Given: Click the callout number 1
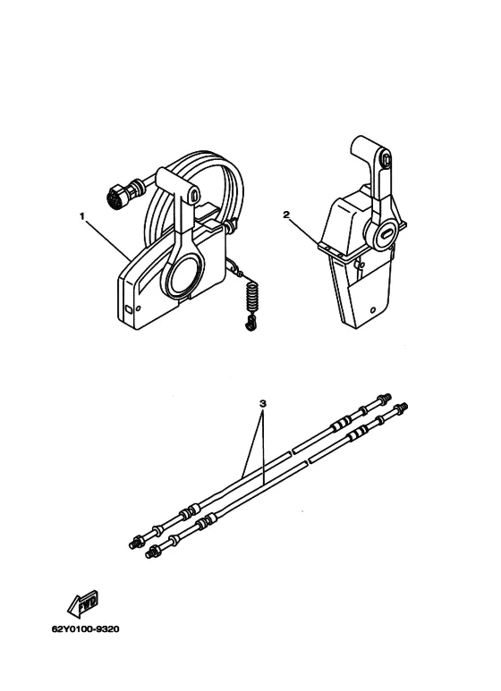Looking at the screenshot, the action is (x=81, y=216).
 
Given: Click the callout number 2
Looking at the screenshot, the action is (x=286, y=215).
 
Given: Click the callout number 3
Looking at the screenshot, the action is (x=263, y=403).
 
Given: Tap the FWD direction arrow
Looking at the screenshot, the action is (x=83, y=603).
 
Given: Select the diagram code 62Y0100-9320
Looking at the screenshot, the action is (x=86, y=628).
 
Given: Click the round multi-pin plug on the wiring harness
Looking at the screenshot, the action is (x=116, y=197).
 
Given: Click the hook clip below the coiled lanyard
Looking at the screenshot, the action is (x=250, y=324).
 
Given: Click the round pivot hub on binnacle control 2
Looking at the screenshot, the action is (x=380, y=230).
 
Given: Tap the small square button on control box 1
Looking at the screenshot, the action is (x=128, y=309).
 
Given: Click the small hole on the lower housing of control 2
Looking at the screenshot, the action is (x=373, y=309).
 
